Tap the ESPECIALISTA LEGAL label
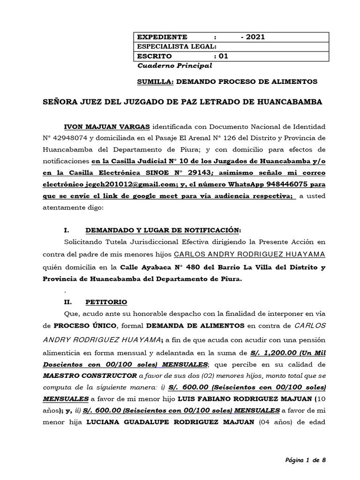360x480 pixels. tap(176, 46)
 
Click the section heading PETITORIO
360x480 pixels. tap(105, 302)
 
